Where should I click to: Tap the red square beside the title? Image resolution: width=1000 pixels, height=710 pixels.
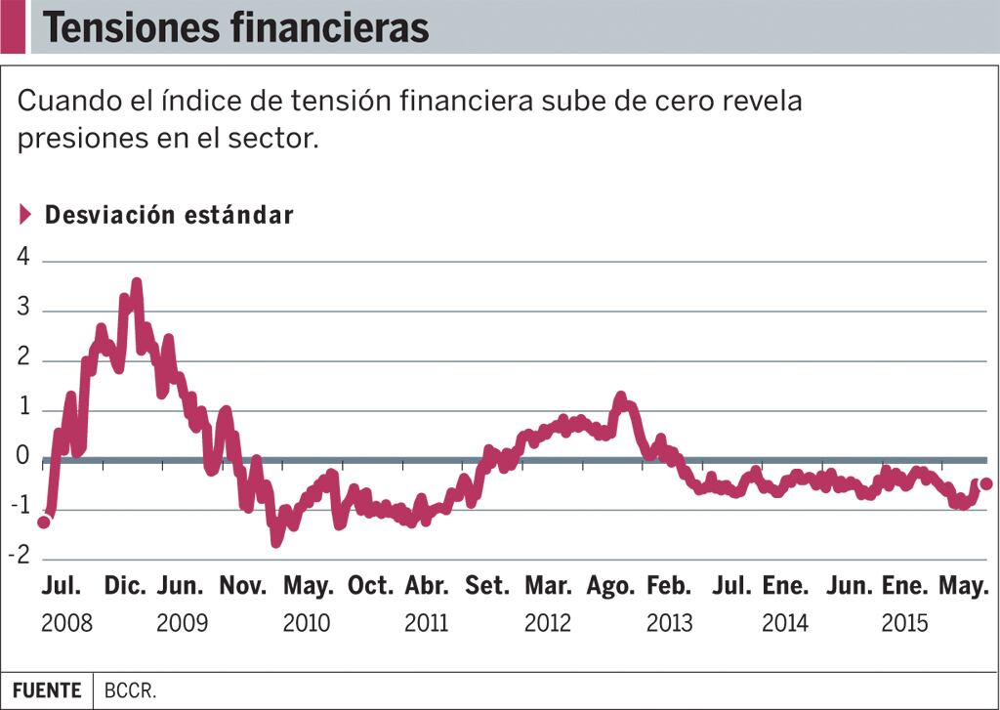[x=13, y=27]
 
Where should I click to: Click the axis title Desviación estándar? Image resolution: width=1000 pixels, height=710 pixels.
[x=169, y=216]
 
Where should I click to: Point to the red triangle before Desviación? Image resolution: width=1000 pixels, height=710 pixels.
[x=26, y=215]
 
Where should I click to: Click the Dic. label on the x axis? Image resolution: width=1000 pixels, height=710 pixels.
[x=125, y=586]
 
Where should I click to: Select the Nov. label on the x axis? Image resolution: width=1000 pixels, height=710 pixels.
[x=242, y=586]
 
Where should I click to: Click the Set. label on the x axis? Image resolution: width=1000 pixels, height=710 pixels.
[x=486, y=586]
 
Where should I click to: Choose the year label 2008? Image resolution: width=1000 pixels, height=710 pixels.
[x=67, y=623]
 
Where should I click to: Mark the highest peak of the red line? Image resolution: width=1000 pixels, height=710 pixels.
[x=136, y=283]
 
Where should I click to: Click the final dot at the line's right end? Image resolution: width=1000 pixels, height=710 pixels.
[x=986, y=483]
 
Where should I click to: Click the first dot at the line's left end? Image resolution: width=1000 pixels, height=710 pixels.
[x=44, y=522]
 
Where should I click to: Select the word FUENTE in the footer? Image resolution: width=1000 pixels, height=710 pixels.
[x=47, y=690]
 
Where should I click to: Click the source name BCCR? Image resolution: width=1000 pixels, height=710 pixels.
[x=125, y=690]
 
